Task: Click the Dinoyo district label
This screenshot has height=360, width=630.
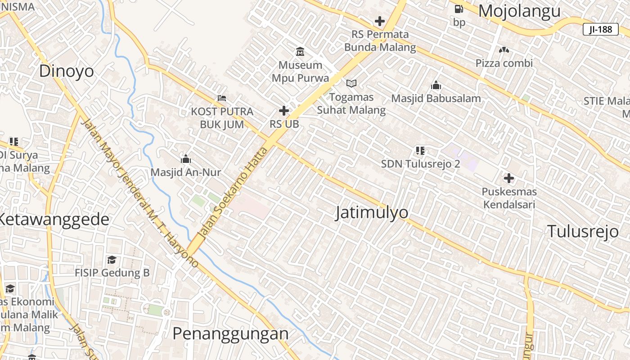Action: click(67, 71)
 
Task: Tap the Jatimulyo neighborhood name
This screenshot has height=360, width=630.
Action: click(372, 213)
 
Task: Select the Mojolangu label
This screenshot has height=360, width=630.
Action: click(519, 11)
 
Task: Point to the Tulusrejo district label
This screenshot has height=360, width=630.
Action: click(583, 231)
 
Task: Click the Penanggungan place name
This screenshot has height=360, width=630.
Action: click(230, 333)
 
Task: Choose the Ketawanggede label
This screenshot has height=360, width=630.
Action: click(53, 220)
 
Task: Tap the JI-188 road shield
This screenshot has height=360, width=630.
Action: click(600, 29)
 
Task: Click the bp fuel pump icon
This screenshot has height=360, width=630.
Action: click(459, 9)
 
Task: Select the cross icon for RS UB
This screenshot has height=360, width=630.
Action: click(284, 110)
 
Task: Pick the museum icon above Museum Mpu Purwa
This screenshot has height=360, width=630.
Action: click(300, 51)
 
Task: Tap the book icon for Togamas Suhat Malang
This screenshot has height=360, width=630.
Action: click(351, 83)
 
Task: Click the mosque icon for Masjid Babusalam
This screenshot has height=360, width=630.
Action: click(436, 85)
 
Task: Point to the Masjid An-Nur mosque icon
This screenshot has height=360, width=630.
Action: click(186, 158)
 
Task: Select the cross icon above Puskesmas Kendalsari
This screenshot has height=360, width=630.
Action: click(509, 178)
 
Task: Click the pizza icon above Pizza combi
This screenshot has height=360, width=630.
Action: click(504, 50)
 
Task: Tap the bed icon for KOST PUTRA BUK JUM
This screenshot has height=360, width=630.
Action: click(222, 98)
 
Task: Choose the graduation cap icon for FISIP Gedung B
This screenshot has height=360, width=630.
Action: click(112, 260)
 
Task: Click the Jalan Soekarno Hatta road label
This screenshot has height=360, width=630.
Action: click(234, 192)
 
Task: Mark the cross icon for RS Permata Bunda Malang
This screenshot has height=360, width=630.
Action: click(380, 21)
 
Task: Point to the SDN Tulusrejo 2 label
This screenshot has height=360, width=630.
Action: click(420, 164)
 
